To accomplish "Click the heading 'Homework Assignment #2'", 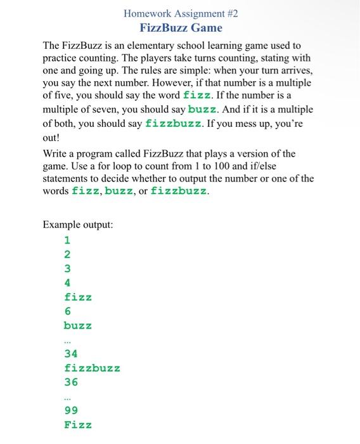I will [x=181, y=13].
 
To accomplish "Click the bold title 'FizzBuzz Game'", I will [x=181, y=28].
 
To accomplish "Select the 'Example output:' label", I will [x=78, y=225].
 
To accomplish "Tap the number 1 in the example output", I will [x=67, y=240].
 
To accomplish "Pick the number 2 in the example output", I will [x=67, y=254].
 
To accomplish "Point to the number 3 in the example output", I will [x=67, y=268].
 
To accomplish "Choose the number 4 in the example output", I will [x=67, y=283].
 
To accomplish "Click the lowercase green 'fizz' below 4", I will [x=78, y=297].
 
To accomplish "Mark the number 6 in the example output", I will [x=67, y=311].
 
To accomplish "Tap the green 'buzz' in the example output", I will [x=78, y=325].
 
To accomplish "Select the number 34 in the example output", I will [x=71, y=353].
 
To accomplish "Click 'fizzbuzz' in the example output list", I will [x=92, y=368].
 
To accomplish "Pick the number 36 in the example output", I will [x=71, y=382].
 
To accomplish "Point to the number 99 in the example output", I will [x=71, y=410].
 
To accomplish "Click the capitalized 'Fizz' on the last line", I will [x=78, y=425].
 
